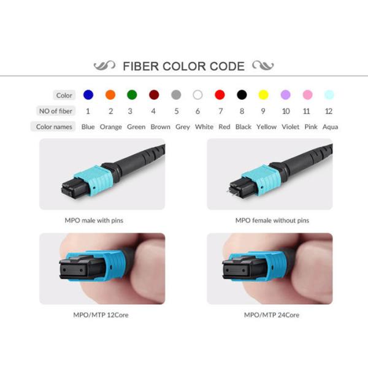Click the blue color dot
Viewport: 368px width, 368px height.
[88, 94]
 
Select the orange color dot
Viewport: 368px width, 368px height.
[110, 94]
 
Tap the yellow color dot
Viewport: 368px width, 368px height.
[263, 94]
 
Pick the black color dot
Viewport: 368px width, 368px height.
[242, 94]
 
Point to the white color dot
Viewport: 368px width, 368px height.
[197, 94]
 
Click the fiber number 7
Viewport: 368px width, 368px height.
[220, 111]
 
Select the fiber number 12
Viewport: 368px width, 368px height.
[329, 111]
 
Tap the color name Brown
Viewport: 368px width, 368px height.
[161, 127]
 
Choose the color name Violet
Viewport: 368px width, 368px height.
[290, 127]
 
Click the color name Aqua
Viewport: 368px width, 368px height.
[330, 127]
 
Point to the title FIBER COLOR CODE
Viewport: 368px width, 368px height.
[184, 66]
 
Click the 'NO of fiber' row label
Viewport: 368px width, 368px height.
[55, 111]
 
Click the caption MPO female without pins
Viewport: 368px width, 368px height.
[272, 220]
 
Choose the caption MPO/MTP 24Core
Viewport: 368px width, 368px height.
[272, 315]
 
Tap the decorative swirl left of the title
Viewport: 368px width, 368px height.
[104, 66]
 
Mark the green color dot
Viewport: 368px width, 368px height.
[131, 94]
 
